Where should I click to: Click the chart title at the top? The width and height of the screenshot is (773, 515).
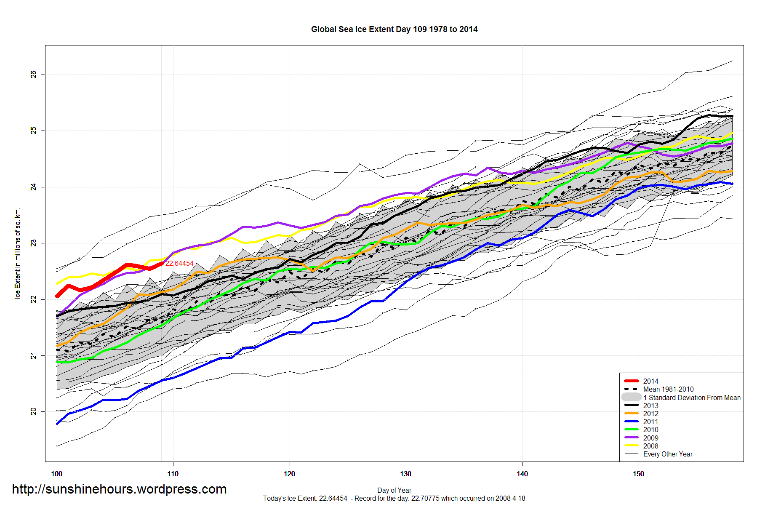pos(394,29)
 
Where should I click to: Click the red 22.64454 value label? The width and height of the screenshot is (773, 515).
pos(179,263)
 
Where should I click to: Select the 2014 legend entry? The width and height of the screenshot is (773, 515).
pos(650,381)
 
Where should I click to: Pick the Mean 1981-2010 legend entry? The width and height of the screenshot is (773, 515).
pos(668,389)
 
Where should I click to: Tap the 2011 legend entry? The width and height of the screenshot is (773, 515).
pos(650,422)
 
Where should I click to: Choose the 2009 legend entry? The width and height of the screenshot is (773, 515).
pos(650,438)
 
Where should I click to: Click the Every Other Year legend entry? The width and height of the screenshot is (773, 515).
pos(668,454)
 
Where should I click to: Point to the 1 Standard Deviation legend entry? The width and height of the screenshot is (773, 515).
pos(691,398)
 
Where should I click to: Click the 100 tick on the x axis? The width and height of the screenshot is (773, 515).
pos(56,474)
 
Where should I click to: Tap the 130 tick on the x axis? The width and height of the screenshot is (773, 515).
pos(405,474)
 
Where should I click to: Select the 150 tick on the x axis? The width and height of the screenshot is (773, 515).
pos(638,474)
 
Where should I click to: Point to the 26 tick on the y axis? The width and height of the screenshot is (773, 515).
pos(33,75)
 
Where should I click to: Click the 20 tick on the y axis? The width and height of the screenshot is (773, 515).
pos(33,411)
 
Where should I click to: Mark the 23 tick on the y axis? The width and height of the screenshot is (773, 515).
pos(33,243)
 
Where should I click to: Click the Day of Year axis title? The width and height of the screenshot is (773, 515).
pos(394,490)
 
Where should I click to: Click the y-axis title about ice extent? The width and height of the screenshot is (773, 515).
pos(17,253)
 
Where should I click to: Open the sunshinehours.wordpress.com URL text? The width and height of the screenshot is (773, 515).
pos(119,489)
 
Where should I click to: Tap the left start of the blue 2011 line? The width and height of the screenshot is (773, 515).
pos(57,423)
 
